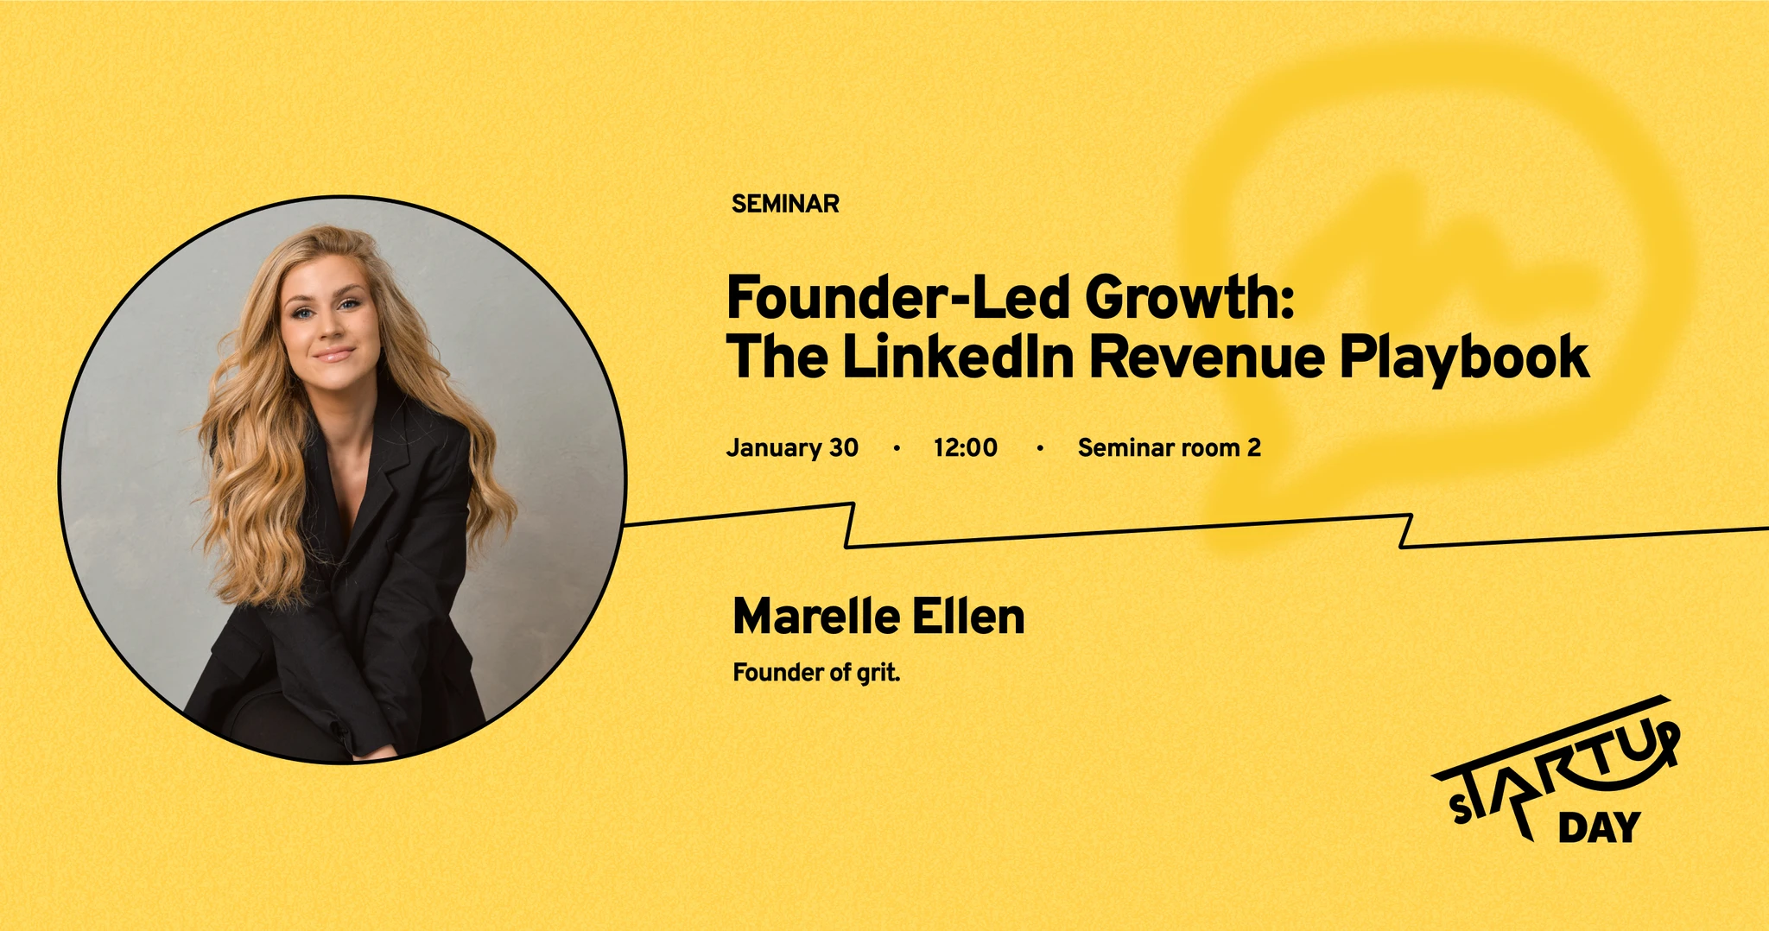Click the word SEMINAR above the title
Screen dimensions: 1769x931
pos(785,204)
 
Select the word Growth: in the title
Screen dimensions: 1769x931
pos(1189,299)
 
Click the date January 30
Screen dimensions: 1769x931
pos(792,447)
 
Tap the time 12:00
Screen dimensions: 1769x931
pos(965,447)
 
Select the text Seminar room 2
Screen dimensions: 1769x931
pos(1169,447)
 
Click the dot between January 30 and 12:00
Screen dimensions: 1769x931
pos(897,448)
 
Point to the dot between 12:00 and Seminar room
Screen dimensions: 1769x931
pos(1039,448)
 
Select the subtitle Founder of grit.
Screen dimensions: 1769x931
pos(816,672)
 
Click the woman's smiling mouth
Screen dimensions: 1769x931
pos(333,354)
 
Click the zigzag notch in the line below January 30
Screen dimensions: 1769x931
pos(850,525)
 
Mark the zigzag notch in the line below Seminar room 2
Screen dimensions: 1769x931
pos(1406,531)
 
